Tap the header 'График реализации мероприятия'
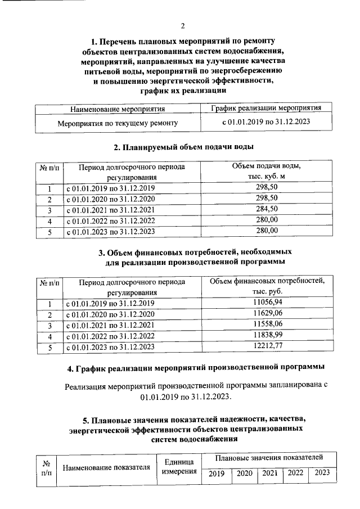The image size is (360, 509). (266, 108)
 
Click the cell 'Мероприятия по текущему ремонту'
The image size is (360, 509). (118, 122)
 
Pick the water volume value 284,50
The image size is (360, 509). (267, 209)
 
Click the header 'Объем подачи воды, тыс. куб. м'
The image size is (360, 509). (267, 172)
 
